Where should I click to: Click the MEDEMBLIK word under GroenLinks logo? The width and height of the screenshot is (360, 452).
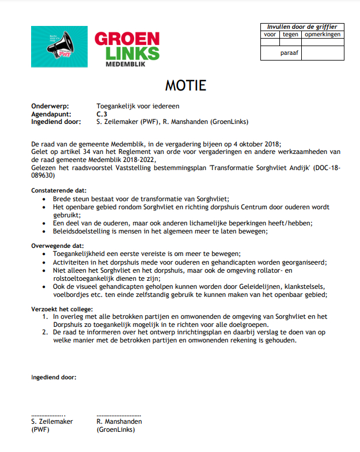click(127, 65)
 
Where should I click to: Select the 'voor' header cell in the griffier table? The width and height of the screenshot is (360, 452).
click(270, 35)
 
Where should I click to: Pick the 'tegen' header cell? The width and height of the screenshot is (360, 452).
click(290, 35)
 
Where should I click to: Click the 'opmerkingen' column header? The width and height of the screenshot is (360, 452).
click(323, 35)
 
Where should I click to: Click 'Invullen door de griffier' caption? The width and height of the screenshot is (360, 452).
click(302, 27)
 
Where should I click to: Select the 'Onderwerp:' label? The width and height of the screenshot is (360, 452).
click(50, 107)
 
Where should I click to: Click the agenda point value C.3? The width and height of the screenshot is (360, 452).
click(102, 114)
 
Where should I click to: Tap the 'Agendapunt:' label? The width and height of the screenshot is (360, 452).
click(51, 114)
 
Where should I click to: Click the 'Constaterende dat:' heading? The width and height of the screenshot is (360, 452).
click(59, 190)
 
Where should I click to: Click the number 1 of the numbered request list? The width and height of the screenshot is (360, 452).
click(45, 317)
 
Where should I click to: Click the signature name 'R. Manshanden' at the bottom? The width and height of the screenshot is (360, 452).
click(119, 421)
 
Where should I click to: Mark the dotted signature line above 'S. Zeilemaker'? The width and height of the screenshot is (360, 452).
click(48, 415)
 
